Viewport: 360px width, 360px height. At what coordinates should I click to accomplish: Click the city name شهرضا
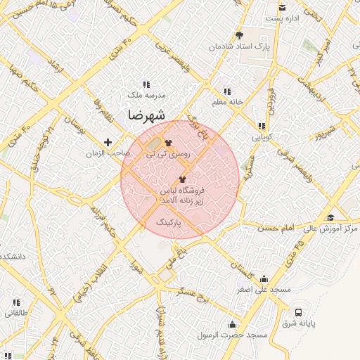click(147, 115)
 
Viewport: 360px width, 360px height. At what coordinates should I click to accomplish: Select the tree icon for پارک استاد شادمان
click(239, 35)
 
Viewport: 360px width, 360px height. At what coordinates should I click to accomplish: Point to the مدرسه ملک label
click(146, 94)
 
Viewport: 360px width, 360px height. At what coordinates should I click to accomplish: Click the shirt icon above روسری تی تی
click(167, 142)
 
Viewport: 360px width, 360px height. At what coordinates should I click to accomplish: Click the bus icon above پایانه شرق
click(299, 311)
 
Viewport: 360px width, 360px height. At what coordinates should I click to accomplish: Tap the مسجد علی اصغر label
click(264, 289)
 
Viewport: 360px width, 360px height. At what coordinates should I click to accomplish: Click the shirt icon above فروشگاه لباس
click(183, 179)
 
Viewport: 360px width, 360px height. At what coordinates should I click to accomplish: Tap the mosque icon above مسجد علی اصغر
click(264, 278)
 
